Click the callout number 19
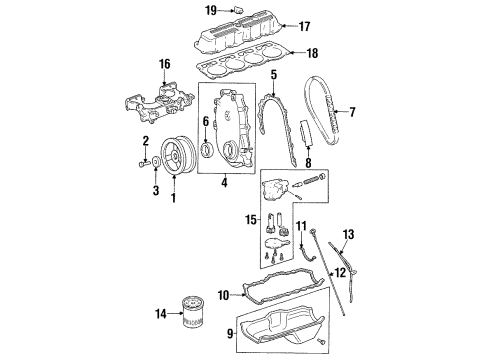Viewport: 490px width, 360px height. click(211, 10)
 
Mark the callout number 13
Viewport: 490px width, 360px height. click(350, 235)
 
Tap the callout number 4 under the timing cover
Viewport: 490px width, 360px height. click(224, 182)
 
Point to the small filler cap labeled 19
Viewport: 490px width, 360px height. click(238, 10)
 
